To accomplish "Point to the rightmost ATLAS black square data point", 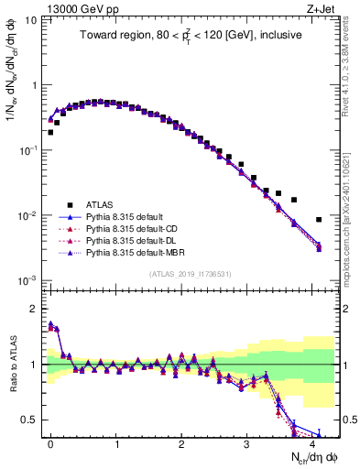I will point(319,220).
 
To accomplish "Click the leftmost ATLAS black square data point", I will point(50,132).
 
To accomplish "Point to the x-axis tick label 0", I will point(50,442).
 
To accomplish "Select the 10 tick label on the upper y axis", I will point(31,20).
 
